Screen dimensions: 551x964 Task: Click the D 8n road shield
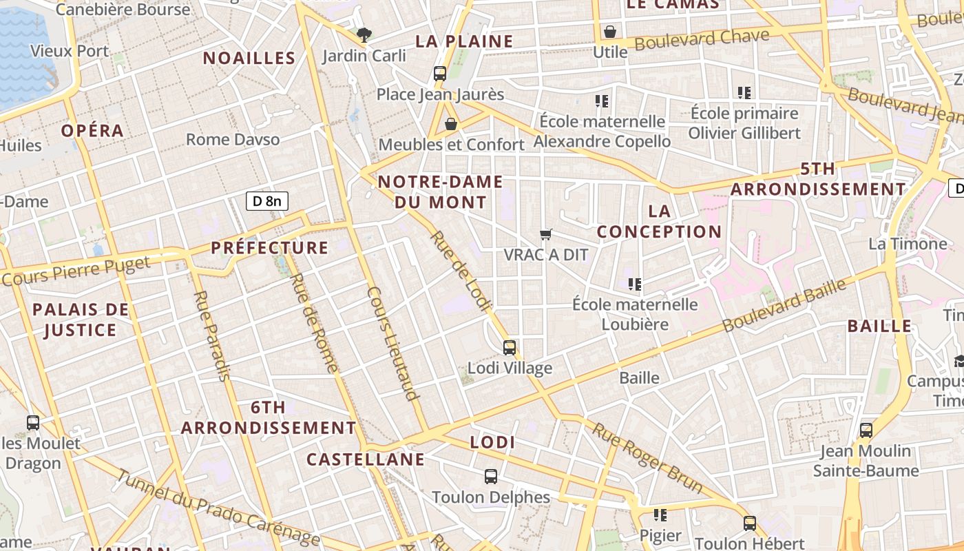(x=267, y=201)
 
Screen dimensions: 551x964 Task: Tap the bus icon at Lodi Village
(x=510, y=347)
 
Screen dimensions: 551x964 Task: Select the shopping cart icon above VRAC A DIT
(x=546, y=234)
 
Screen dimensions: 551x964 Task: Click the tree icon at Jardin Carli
(x=364, y=34)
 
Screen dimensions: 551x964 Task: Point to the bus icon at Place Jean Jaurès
(x=440, y=73)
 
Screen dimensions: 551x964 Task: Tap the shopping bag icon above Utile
(x=609, y=32)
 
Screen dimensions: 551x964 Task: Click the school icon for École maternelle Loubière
(x=635, y=284)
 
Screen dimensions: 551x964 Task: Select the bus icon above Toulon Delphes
(x=491, y=476)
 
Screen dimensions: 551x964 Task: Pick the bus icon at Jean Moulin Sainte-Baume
(x=866, y=430)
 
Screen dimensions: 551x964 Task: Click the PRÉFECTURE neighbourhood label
(x=270, y=248)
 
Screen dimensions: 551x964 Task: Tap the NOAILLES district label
(x=249, y=58)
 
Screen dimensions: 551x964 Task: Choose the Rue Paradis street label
(x=211, y=335)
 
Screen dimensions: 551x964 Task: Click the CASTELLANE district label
(x=365, y=459)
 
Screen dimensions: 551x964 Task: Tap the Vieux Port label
(x=70, y=51)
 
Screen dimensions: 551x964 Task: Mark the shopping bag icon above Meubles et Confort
(x=451, y=124)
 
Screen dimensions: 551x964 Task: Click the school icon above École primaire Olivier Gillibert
(x=744, y=92)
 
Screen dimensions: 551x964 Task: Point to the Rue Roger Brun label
(x=648, y=458)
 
